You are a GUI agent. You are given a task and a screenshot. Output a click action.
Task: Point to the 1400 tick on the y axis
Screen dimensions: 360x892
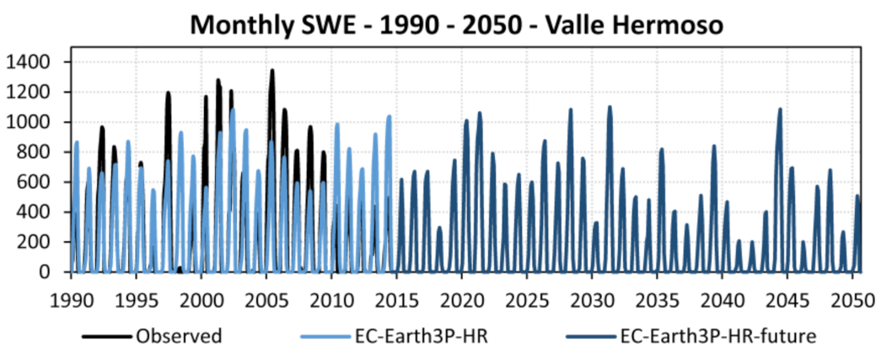tap(32, 62)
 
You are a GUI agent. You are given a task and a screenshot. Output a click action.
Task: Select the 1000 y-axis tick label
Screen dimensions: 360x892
tap(32, 122)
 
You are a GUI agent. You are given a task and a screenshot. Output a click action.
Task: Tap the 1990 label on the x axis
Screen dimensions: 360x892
tap(71, 301)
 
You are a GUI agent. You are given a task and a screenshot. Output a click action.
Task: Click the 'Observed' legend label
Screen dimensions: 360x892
tap(178, 336)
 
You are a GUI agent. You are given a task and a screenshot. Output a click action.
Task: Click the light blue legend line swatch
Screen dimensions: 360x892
tap(325, 336)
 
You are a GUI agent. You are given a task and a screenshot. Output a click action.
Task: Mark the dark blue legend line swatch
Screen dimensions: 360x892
tap(590, 336)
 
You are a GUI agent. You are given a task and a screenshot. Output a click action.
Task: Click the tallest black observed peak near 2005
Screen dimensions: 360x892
tap(271, 71)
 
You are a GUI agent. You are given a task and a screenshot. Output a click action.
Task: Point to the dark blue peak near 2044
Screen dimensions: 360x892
tap(780, 109)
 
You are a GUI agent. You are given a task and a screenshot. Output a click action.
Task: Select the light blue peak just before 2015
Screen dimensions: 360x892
tap(389, 116)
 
